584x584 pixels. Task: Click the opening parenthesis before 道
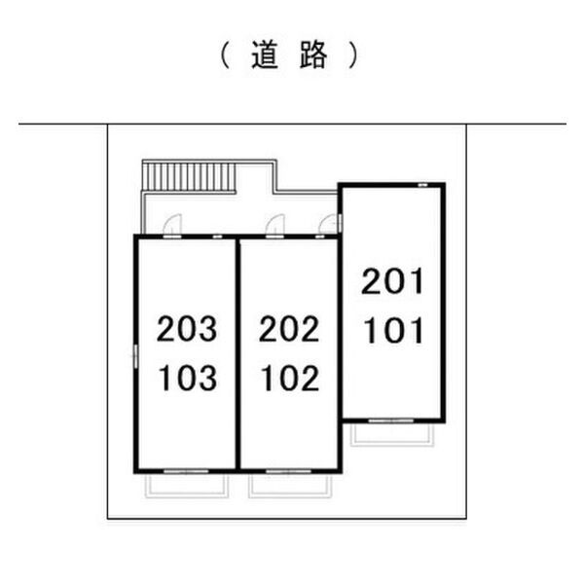click(x=223, y=56)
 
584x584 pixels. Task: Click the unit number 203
click(x=187, y=331)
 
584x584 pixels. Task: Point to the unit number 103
click(x=187, y=378)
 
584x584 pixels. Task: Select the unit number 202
click(x=289, y=331)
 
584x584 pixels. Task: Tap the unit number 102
click(x=289, y=378)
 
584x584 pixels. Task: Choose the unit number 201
click(x=393, y=283)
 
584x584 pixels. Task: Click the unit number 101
click(x=393, y=331)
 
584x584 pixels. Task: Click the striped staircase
click(x=190, y=178)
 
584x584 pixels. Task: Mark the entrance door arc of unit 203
click(x=170, y=225)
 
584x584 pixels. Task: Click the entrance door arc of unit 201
click(x=332, y=223)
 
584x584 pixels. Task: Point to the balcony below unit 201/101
click(x=394, y=432)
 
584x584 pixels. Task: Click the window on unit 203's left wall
click(x=133, y=355)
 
